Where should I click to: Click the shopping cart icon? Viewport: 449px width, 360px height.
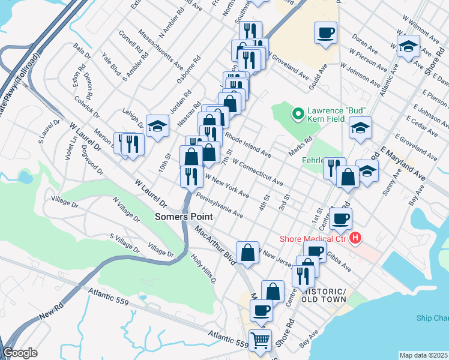pyautogui.click(x=260, y=340)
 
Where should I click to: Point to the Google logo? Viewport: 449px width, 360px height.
pyautogui.click(x=20, y=353)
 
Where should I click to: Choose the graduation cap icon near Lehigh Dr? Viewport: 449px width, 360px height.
pyautogui.click(x=157, y=125)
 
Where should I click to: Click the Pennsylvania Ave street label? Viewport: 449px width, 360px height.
pyautogui.click(x=220, y=205)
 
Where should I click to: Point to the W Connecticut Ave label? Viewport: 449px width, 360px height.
pyautogui.click(x=257, y=172)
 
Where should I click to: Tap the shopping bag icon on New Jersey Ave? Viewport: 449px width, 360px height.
pyautogui.click(x=247, y=252)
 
